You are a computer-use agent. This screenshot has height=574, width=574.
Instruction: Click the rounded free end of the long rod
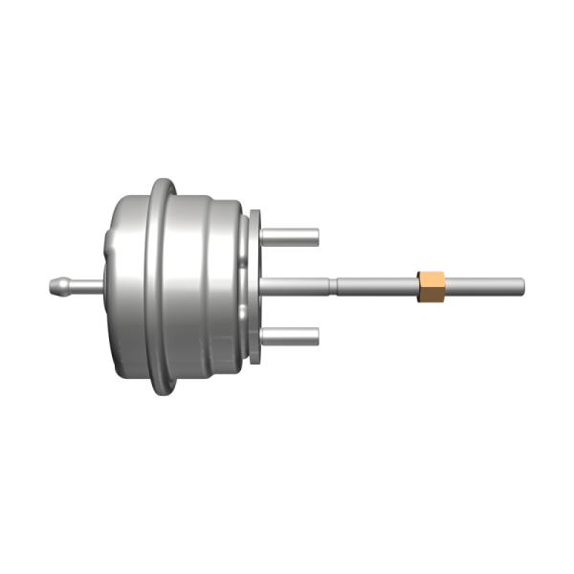click(x=521, y=285)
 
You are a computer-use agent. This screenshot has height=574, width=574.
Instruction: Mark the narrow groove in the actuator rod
click(x=335, y=285)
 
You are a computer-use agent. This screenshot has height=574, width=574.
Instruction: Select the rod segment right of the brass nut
click(x=483, y=285)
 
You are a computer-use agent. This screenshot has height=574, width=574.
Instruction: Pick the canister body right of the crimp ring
click(x=206, y=285)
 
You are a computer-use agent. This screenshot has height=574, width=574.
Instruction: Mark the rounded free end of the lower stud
click(x=316, y=335)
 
